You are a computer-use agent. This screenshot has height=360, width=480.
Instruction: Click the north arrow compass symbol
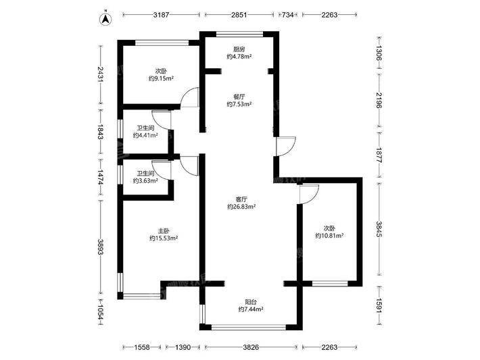coord(106,20)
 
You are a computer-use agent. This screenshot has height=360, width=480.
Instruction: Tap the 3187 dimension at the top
coord(161,15)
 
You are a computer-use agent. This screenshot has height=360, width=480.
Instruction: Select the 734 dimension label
coord(288,15)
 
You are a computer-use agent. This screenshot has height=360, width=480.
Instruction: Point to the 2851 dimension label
coord(239,15)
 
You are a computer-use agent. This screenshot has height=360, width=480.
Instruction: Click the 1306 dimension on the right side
coord(379,53)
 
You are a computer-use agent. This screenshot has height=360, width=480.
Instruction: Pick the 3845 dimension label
coord(379,229)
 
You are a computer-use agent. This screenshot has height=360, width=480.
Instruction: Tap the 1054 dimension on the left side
coord(101,312)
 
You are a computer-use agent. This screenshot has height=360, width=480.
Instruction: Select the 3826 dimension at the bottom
coord(251,347)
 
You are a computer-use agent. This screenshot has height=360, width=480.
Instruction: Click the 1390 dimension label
coord(183,347)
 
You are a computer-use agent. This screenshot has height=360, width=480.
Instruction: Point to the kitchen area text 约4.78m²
coord(239,57)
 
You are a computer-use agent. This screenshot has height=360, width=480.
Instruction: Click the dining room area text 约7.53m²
coord(239,104)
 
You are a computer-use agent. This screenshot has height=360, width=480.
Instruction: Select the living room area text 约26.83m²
coord(241,207)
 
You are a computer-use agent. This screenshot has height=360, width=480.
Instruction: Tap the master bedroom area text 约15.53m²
coord(164,238)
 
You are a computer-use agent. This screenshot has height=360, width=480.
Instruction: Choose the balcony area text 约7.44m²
coord(251,309)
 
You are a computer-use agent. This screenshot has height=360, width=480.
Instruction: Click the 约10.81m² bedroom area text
coord(329,236)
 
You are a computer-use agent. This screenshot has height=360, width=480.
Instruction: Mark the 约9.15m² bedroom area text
coord(161,78)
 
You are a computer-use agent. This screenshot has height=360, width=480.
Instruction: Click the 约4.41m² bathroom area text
coord(145,136)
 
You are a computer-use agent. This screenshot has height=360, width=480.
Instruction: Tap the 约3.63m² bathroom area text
coord(145,181)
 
